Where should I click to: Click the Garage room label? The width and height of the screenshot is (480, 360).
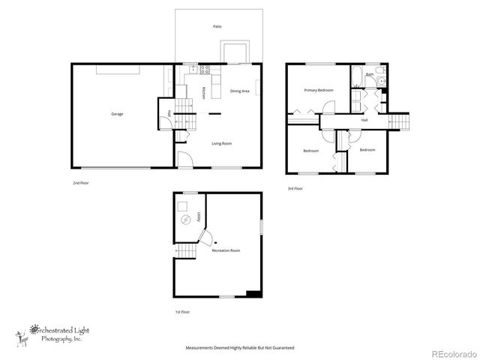coord(118,114)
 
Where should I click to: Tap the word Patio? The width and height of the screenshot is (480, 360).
coord(217,26)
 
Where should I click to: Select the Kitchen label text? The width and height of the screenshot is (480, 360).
coord(205,94)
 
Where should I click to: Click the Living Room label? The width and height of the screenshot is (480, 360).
coord(221,143)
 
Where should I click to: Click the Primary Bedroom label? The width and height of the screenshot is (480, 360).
coord(318,90)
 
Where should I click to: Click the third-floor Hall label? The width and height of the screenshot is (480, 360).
coord(364,120)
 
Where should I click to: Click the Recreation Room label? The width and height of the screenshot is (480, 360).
coord(226,250)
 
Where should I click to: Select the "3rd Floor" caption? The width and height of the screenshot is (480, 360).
coord(295,189)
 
